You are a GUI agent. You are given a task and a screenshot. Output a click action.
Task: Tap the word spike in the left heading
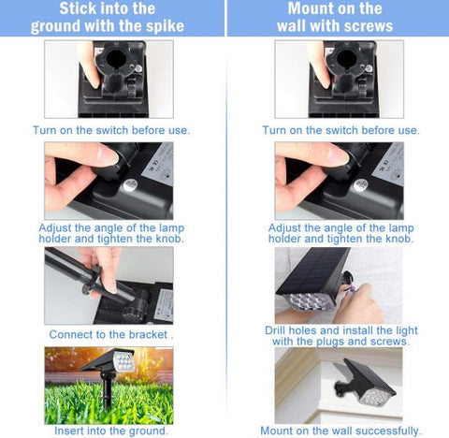pyautogui.click(x=173, y=26)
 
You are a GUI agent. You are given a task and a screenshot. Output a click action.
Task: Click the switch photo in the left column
pyautogui.click(x=109, y=79)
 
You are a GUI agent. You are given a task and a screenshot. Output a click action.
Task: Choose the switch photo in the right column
pyautogui.click(x=340, y=79)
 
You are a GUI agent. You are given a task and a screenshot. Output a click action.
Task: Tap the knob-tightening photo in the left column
pyautogui.click(x=109, y=180)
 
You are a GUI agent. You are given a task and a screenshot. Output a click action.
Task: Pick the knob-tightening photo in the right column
pyautogui.click(x=340, y=180)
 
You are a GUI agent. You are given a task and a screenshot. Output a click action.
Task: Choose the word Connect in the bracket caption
pyautogui.click(x=70, y=334)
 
